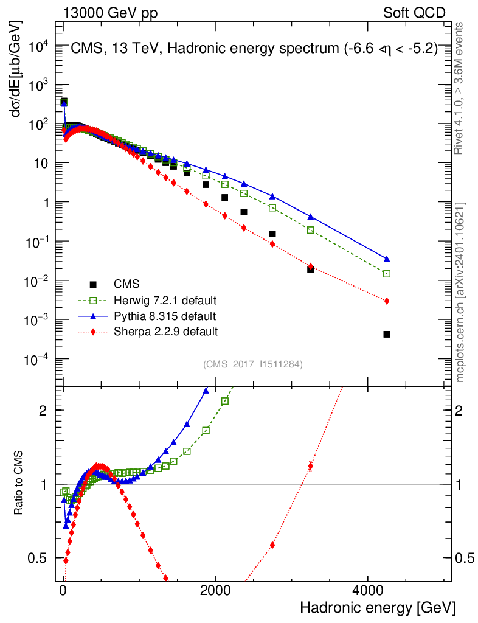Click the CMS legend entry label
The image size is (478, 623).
pyautogui.click(x=126, y=284)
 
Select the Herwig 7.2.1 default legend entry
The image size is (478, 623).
pyautogui.click(x=165, y=300)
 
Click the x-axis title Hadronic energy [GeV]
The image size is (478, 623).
pyautogui.click(x=378, y=607)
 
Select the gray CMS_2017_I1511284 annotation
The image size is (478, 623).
pyautogui.click(x=253, y=364)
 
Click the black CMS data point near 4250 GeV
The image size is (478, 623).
pyautogui.click(x=387, y=334)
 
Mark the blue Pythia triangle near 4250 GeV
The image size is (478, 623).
pyautogui.click(x=387, y=259)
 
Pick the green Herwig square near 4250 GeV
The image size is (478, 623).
pyautogui.click(x=387, y=274)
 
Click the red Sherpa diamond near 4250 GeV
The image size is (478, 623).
pyautogui.click(x=387, y=301)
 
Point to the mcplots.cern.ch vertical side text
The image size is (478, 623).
pyautogui.click(x=460, y=292)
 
